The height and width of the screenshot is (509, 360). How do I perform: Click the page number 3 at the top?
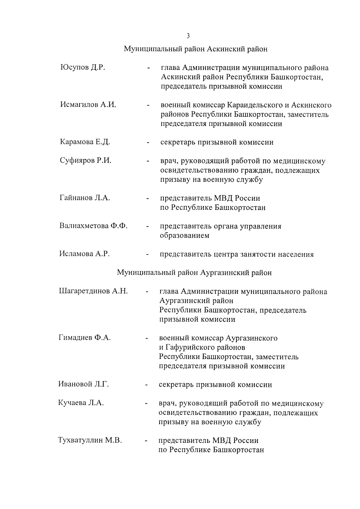point(188,36)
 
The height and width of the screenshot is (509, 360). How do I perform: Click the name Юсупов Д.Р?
point(82,67)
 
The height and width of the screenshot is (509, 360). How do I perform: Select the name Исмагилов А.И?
point(88,105)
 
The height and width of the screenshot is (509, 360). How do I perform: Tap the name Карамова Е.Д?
point(85,142)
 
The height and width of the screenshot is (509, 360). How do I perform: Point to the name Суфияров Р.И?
point(85,160)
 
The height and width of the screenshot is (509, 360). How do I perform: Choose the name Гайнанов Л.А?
point(85,198)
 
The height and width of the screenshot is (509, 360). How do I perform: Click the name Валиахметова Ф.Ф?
point(93,226)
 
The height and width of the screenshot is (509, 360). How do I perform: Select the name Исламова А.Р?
point(84,254)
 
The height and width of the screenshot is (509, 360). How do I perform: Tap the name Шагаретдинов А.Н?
point(93,291)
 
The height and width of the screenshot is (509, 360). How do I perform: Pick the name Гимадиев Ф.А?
point(85,338)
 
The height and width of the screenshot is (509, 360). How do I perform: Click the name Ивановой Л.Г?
point(83,384)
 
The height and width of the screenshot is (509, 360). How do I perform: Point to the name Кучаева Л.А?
point(81,403)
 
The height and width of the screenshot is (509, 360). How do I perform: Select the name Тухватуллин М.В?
point(90,440)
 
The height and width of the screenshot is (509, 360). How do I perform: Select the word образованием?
point(184,236)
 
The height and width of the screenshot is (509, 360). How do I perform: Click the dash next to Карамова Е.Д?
point(148,143)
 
